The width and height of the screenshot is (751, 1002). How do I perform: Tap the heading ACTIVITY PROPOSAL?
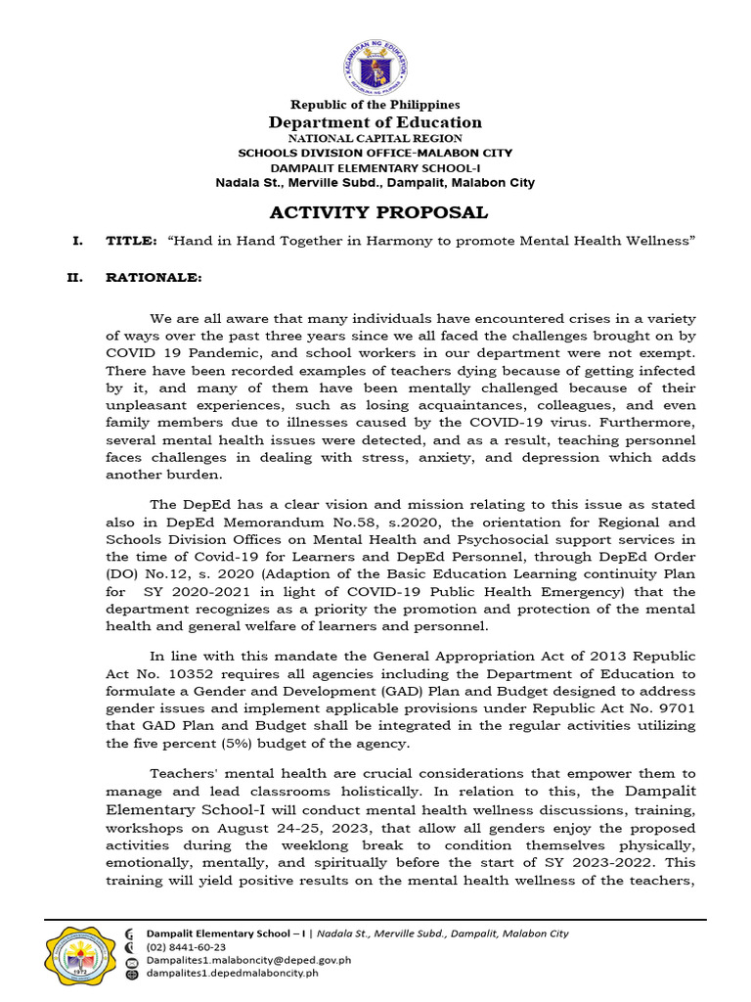378,213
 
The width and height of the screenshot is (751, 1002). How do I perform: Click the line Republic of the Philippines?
375,105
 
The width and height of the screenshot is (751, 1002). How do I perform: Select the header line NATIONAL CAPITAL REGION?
375,139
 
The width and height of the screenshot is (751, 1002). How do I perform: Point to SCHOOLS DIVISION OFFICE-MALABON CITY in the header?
375,154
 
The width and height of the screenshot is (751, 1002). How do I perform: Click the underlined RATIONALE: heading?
154,278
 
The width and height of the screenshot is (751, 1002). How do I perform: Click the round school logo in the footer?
80,954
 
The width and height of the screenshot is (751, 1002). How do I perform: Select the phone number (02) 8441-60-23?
186,947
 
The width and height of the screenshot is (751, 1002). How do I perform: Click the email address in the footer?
248,960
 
